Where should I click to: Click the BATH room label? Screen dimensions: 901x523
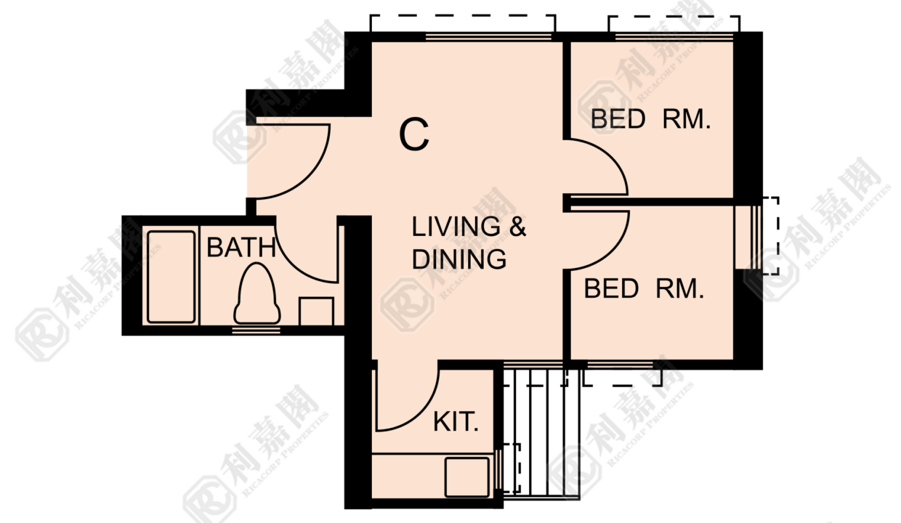[241, 247]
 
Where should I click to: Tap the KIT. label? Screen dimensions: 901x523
[456, 422]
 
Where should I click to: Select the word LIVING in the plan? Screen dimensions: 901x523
[456, 227]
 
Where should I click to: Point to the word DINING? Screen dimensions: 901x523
[459, 259]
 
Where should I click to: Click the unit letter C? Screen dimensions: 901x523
[414, 134]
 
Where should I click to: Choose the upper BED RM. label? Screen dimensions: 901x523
[650, 119]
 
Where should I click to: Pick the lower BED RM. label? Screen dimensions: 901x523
[644, 288]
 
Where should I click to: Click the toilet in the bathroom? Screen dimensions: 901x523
[257, 293]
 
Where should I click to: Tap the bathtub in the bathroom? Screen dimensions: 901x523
[171, 277]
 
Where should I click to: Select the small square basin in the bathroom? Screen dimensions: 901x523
[317, 312]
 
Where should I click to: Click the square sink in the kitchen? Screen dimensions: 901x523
[467, 477]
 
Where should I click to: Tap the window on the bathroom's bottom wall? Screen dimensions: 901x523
[256, 330]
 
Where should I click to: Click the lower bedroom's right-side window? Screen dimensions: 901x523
[756, 238]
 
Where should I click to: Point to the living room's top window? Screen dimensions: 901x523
[488, 37]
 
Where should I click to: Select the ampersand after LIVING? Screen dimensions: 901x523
[517, 227]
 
